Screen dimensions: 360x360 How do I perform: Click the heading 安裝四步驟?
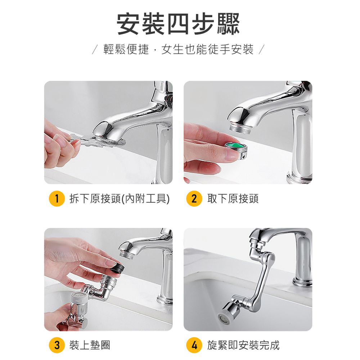pyautogui.click(x=179, y=24)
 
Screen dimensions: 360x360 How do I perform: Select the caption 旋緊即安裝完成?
pyautogui.click(x=243, y=346)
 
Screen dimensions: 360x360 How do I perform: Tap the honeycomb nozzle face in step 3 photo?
pyautogui.click(x=78, y=297)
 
